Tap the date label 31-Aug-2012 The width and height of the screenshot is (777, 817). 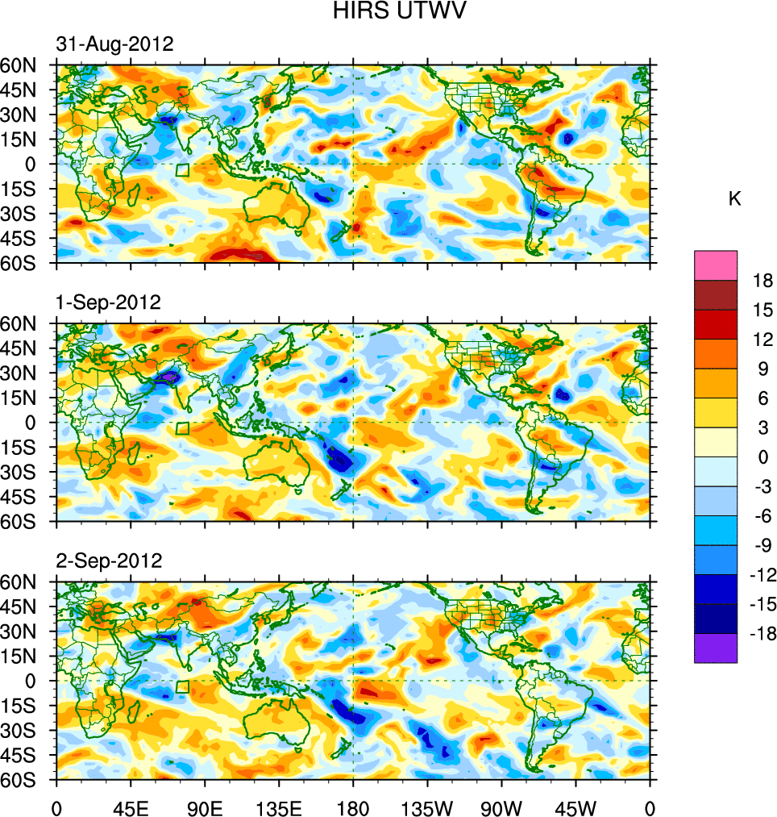[x=114, y=44]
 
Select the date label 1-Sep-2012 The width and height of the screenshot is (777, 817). [x=109, y=302]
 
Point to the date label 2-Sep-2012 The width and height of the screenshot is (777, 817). [x=109, y=560]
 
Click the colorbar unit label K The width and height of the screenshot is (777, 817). [x=734, y=198]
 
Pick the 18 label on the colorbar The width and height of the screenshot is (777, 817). [x=762, y=281]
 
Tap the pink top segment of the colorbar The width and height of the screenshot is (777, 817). [x=716, y=265]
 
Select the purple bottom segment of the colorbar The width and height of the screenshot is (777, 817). [x=716, y=648]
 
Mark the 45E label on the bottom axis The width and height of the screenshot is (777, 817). [x=131, y=807]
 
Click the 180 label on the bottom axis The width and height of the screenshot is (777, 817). [x=353, y=807]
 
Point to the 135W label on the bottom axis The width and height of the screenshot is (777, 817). [x=428, y=807]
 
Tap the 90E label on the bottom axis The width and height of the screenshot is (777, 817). [x=205, y=807]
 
